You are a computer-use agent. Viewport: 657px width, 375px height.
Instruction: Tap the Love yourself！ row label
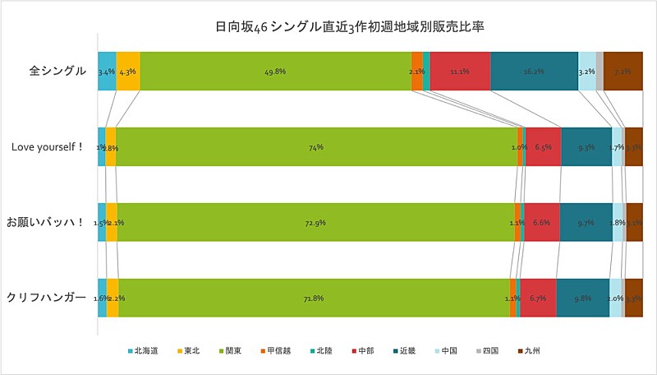coord(48,147)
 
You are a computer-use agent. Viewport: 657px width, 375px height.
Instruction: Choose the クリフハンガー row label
coord(47,297)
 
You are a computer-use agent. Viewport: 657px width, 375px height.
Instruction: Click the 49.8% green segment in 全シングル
coord(275,72)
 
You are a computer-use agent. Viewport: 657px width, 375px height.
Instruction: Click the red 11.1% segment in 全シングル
coord(460,72)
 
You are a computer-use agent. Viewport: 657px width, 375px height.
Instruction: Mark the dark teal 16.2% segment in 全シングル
coord(534,72)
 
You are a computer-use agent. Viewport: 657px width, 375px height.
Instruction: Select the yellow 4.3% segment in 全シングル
coord(127,72)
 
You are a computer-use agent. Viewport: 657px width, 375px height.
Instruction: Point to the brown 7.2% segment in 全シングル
coord(623,72)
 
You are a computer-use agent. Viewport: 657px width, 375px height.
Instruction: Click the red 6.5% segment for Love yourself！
coord(543,147)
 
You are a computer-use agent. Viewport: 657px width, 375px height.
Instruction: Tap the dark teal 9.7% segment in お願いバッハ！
coord(586,222)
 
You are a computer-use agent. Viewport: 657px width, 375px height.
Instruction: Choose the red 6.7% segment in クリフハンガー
coord(538,298)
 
